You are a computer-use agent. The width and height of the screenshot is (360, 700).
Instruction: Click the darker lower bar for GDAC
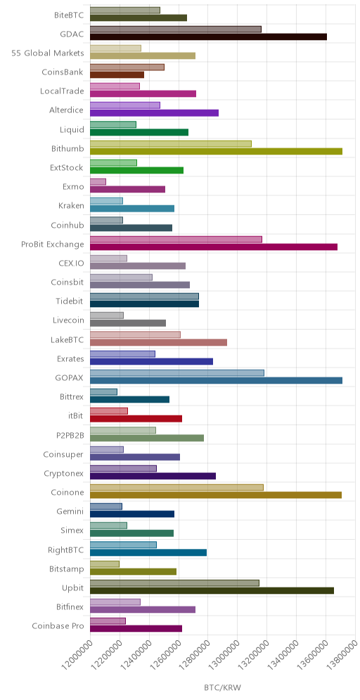pyautogui.click(x=208, y=37)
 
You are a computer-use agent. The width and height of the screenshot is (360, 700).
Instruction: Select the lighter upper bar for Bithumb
pyautogui.click(x=171, y=144)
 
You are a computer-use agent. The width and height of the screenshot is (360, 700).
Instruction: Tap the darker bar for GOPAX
pyautogui.click(x=216, y=380)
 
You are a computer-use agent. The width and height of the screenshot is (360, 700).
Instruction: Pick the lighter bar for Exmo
pyautogui.click(x=98, y=182)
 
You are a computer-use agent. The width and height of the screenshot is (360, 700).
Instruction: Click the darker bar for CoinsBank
pyautogui.click(x=117, y=74)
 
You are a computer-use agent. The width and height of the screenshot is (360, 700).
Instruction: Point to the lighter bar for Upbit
pyautogui.click(x=174, y=583)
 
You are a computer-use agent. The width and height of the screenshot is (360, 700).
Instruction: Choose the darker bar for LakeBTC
pyautogui.click(x=159, y=342)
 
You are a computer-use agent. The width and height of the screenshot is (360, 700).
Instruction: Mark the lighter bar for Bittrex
pyautogui.click(x=103, y=392)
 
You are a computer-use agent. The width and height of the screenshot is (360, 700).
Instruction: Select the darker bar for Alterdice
pyautogui.click(x=154, y=113)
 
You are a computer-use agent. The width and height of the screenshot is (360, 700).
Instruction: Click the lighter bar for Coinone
pyautogui.click(x=177, y=488)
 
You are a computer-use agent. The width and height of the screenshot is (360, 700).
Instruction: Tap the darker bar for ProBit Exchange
pyautogui.click(x=214, y=247)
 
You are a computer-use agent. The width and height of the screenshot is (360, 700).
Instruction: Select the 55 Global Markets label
pyautogui.click(x=48, y=53)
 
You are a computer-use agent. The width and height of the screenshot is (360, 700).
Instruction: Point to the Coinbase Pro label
pyautogui.click(x=58, y=626)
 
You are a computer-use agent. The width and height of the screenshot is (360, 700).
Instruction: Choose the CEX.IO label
pyautogui.click(x=71, y=263)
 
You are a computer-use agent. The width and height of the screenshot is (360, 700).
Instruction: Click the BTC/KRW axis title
pyautogui.click(x=222, y=688)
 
